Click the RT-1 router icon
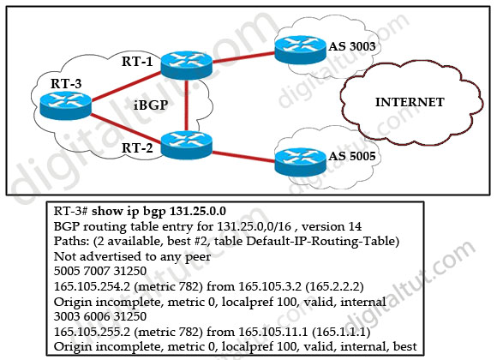187,65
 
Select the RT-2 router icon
187,145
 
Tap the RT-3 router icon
66,105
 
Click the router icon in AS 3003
300,50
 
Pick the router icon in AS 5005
300,162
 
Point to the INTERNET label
410,102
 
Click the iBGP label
151,105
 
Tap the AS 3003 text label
352,46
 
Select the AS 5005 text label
352,156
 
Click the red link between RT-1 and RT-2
187,105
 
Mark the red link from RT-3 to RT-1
126,86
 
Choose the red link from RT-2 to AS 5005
243,157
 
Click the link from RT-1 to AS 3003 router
243,57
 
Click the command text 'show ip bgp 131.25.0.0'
159,211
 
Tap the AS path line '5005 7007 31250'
100,271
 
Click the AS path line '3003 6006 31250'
100,316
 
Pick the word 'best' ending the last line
404,346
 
